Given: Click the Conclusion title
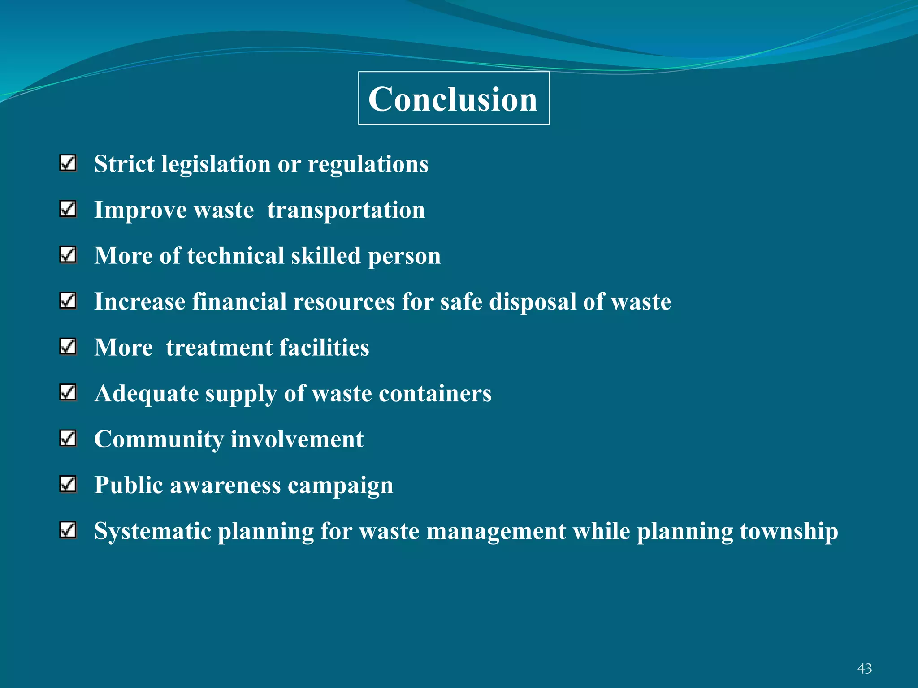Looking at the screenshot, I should tap(453, 99).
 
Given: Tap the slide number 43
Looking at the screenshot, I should tap(865, 668).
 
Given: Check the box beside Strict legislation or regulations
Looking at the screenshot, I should tap(68, 163).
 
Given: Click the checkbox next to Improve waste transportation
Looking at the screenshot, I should tap(68, 209).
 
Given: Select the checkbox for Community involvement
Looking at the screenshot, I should tap(68, 439).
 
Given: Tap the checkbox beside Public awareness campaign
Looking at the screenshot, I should tap(68, 484).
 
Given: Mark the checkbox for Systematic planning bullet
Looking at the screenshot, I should tap(68, 530).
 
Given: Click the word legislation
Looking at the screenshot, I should tap(216, 164).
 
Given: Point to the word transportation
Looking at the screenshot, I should tap(346, 210).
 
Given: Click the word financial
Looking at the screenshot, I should tap(239, 301).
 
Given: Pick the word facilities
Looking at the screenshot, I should tap(324, 348).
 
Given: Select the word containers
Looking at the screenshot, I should tap(435, 394).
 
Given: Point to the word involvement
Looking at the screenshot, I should tap(297, 439).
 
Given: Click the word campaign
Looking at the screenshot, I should tap(340, 486).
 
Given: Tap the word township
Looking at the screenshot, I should tap(789, 532).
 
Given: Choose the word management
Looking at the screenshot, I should tap(496, 532).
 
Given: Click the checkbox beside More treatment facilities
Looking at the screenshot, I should tap(68, 347).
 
